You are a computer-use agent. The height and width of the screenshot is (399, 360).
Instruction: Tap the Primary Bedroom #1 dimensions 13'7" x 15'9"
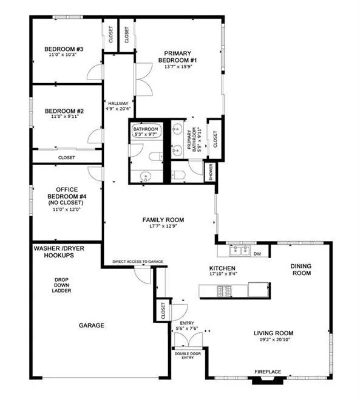click(178, 67)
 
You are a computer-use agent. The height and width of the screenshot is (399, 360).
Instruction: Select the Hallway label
click(118, 104)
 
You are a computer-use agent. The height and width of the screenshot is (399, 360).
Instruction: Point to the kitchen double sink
click(240, 251)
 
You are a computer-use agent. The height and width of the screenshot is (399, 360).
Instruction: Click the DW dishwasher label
click(257, 254)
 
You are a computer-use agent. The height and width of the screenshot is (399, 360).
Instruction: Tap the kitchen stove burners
click(224, 291)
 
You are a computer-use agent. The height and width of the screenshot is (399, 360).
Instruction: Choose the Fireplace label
click(268, 372)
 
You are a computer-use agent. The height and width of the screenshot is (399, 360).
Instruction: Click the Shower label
click(211, 172)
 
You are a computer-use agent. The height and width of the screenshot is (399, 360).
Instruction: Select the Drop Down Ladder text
click(61, 285)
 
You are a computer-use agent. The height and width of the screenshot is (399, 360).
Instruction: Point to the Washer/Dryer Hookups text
click(59, 251)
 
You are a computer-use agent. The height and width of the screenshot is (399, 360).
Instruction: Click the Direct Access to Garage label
click(138, 262)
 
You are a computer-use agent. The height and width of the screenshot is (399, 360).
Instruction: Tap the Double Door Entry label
click(188, 355)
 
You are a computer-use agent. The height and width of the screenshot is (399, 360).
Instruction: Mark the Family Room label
click(163, 220)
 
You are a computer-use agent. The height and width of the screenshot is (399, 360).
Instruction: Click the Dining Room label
click(301, 270)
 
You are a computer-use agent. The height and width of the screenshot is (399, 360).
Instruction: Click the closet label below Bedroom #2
click(67, 157)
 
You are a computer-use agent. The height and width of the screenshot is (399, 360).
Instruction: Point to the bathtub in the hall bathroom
click(146, 131)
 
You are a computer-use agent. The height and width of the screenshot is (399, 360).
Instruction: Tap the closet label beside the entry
click(163, 311)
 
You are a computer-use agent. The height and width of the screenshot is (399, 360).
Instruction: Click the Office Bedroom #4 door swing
click(95, 173)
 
